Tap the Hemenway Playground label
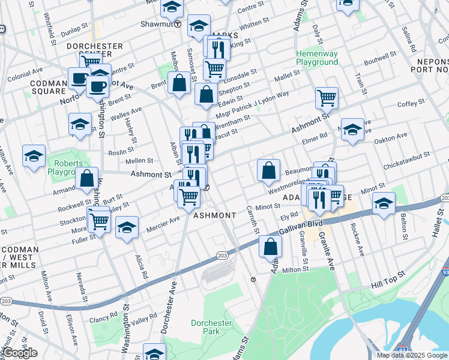316,58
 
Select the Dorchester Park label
211,327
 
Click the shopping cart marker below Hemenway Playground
326,97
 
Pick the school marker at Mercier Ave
127,227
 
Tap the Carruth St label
253,218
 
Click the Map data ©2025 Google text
411,355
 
